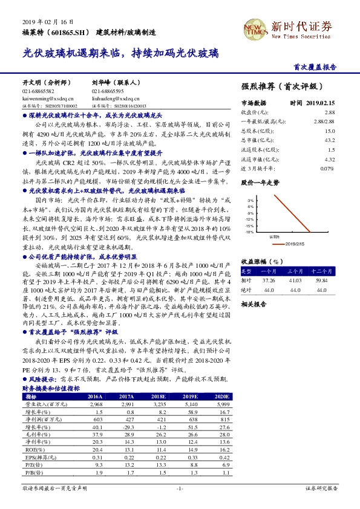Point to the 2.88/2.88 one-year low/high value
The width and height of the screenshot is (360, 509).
pos(324,122)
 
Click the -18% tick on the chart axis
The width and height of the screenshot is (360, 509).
pos(249,232)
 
